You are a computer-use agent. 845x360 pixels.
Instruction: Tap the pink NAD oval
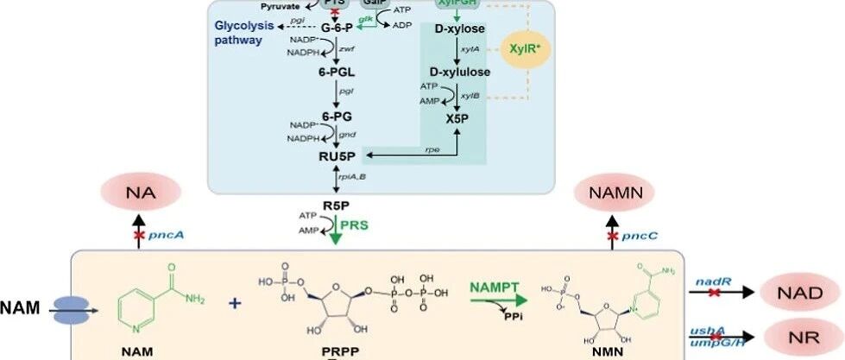797,293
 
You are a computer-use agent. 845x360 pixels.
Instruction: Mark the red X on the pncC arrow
613,236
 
